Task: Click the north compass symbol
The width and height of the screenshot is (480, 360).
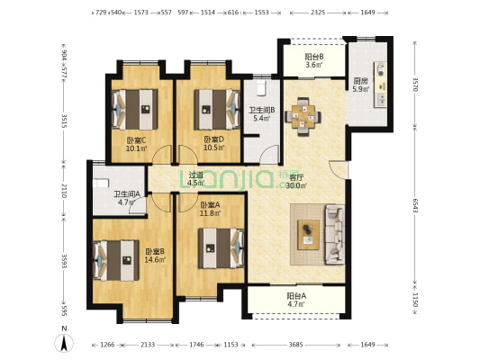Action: (64, 343)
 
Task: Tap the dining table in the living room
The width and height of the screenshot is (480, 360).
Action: (303, 116)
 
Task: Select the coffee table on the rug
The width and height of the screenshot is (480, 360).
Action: (308, 235)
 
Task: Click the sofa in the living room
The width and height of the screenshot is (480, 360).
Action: (334, 234)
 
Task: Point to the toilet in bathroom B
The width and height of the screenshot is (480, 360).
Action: (262, 88)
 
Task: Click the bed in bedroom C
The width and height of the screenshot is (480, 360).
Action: (135, 109)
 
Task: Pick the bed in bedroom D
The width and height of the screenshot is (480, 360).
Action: (217, 109)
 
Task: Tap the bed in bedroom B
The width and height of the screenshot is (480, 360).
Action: (116, 261)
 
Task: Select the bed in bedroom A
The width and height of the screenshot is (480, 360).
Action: (221, 248)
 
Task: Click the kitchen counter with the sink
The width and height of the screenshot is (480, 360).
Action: (380, 85)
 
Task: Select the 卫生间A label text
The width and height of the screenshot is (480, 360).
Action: (126, 193)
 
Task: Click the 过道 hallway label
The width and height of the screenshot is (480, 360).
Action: (196, 175)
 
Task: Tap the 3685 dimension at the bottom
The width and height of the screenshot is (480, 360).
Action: (295, 345)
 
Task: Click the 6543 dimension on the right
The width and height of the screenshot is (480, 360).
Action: (415, 205)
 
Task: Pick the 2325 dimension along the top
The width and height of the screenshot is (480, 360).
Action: (318, 13)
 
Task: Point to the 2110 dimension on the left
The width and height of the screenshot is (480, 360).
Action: (64, 191)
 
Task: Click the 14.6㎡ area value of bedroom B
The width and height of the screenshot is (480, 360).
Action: (155, 260)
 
